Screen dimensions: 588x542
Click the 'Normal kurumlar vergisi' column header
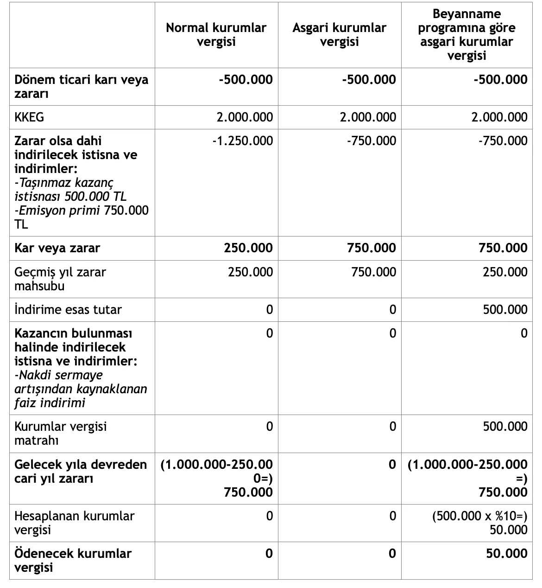click(x=216, y=35)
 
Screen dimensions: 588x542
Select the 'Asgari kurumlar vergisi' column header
click(x=340, y=35)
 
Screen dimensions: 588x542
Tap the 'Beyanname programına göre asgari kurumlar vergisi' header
click(x=466, y=35)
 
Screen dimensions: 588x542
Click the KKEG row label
click(x=29, y=117)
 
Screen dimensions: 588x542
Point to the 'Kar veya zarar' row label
click(x=57, y=248)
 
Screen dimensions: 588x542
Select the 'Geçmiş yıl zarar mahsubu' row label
click(x=60, y=279)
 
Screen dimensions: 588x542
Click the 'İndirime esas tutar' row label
click(x=68, y=310)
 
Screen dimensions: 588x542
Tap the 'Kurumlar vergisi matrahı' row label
click(x=60, y=433)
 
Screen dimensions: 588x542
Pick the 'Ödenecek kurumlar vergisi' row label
click(x=73, y=560)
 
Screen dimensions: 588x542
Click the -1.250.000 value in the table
click(x=242, y=141)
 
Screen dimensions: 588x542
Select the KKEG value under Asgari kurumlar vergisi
click(x=368, y=117)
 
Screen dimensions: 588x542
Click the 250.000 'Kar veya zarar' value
click(x=248, y=248)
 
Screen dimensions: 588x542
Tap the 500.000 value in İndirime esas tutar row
click(x=505, y=310)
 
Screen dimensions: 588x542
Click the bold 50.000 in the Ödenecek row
click(x=507, y=554)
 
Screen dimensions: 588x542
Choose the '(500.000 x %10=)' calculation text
click(x=480, y=516)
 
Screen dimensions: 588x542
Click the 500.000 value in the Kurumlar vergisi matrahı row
click(x=505, y=427)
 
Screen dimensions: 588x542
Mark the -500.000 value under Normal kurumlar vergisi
click(x=246, y=80)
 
